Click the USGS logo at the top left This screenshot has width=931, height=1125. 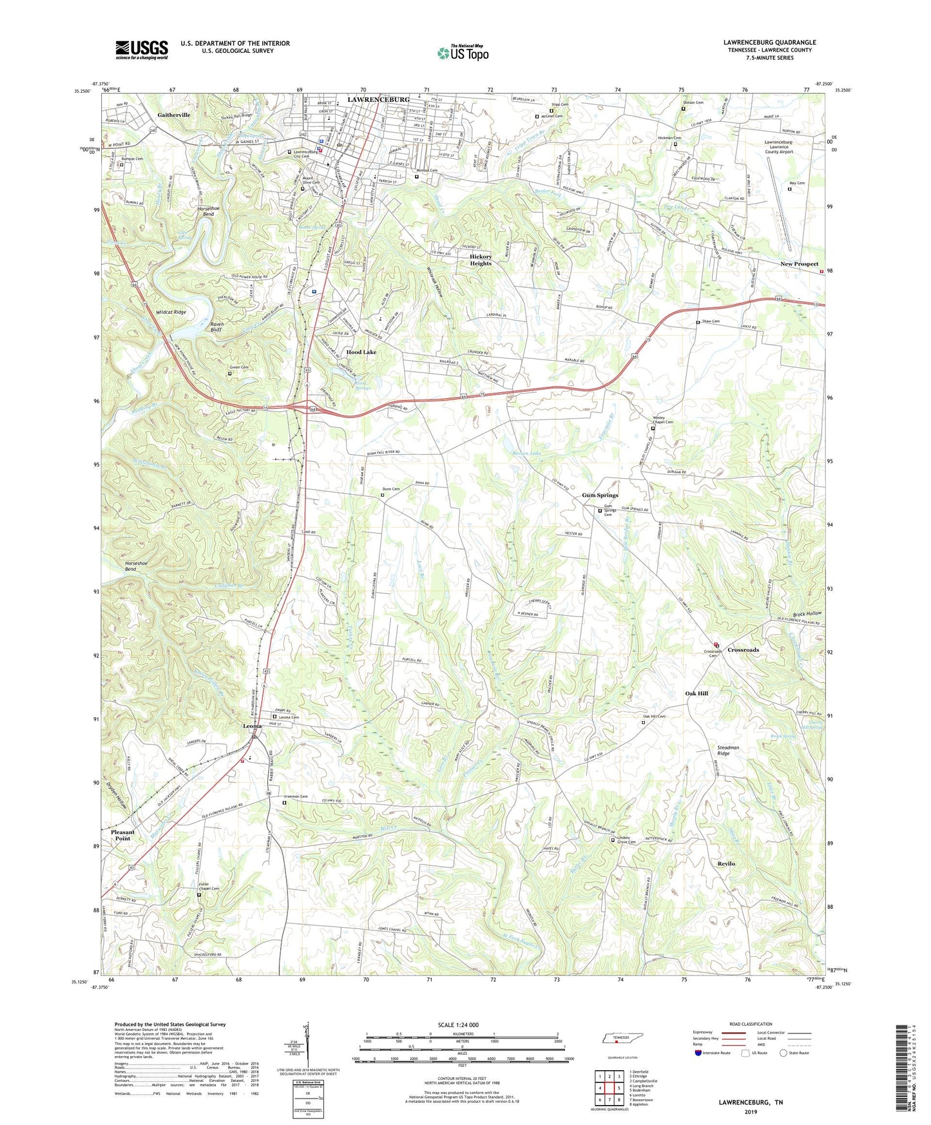pos(141,50)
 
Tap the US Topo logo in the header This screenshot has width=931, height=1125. pos(463,53)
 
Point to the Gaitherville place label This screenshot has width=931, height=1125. pos(173,115)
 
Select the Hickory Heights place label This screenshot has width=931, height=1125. pos(481,260)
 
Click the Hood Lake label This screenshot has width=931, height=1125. pos(361,352)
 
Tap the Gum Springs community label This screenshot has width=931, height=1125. pos(600,495)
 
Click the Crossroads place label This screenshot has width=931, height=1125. pos(743,649)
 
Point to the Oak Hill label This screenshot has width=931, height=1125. pos(696,693)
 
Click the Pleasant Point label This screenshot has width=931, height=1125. pos(122,835)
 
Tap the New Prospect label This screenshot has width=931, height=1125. pos(799,264)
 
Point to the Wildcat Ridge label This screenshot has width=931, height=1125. pos(171,312)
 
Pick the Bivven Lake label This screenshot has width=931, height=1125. pos(527,453)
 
